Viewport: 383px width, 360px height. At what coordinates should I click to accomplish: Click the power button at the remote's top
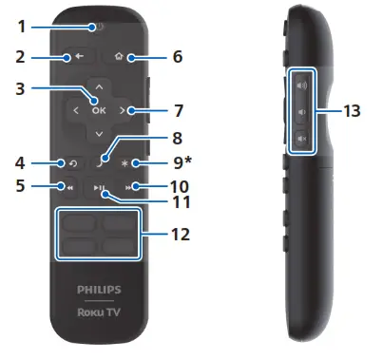point(99,27)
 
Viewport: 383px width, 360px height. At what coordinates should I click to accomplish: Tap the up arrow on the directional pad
point(100,86)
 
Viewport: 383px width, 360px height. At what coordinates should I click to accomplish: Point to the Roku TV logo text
point(100,309)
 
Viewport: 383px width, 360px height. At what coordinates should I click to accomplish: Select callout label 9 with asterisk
point(185,162)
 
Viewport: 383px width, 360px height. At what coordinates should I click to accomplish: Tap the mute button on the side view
point(302,141)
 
